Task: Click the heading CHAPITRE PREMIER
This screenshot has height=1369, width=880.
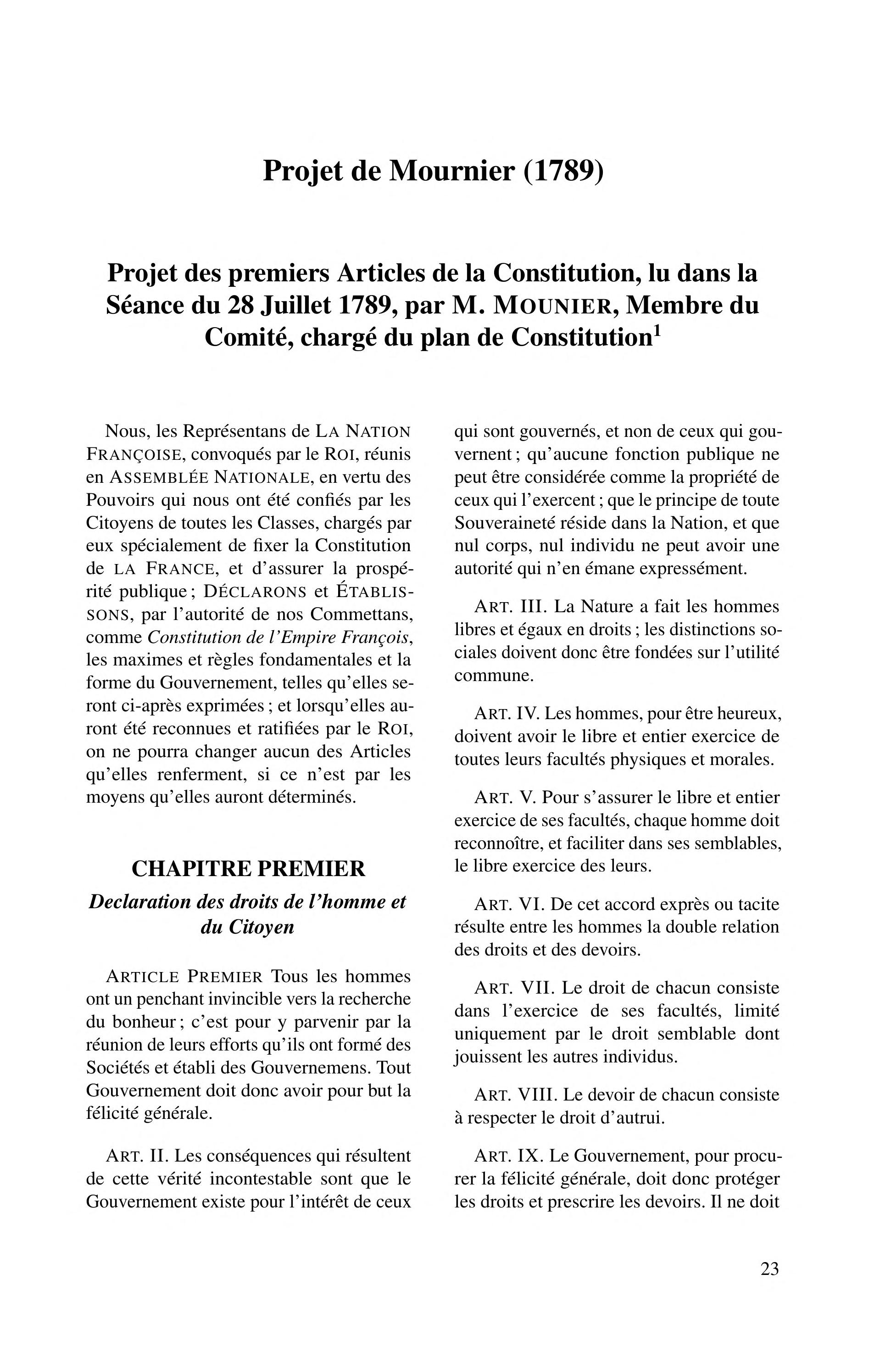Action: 248,868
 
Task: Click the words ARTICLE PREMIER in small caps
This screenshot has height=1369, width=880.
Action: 184,976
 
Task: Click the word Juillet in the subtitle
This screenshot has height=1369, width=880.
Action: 296,307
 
